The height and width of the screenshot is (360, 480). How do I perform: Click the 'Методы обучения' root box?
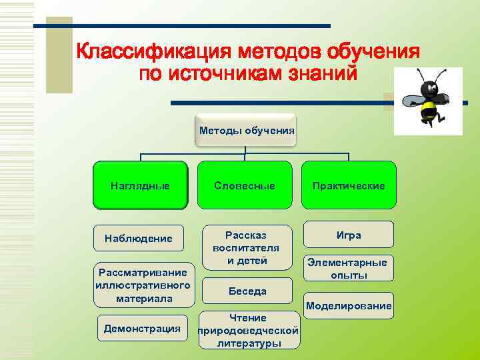point(247,129)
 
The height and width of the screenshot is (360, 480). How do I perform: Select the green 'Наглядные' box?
point(140,185)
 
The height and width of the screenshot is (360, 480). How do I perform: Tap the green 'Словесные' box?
point(245,185)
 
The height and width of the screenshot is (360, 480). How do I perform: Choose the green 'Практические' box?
point(349,185)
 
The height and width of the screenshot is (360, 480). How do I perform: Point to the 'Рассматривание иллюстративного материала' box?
point(144,285)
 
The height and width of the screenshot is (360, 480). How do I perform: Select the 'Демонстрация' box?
point(141,328)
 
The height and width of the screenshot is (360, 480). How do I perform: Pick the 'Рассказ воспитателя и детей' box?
point(247,247)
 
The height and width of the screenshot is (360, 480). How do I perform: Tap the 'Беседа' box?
point(247,291)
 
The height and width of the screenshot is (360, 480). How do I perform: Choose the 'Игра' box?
point(349,235)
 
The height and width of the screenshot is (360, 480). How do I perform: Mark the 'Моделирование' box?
point(349,305)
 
